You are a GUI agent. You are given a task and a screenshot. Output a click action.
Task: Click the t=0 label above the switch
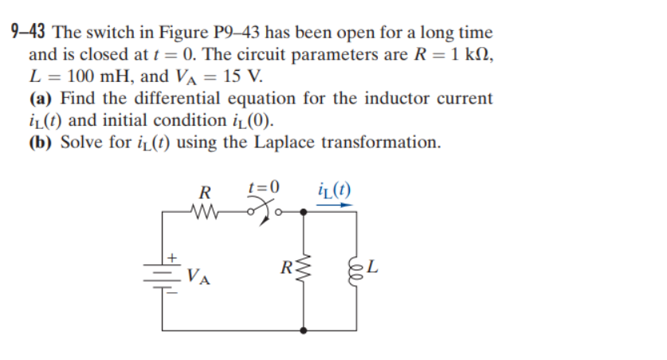[x=265, y=188]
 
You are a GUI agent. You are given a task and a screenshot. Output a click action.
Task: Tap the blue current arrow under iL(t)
[x=334, y=205]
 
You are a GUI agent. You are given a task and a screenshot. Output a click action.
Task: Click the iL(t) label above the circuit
[x=333, y=190]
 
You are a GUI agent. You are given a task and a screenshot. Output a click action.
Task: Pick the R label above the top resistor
[x=205, y=192]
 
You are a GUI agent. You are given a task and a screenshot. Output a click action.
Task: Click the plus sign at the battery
[x=171, y=258]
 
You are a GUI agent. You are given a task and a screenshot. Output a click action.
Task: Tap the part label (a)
[x=42, y=99]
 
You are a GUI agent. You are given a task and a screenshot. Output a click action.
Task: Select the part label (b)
[x=42, y=143]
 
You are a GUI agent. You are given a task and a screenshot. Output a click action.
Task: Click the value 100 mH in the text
[x=92, y=77]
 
